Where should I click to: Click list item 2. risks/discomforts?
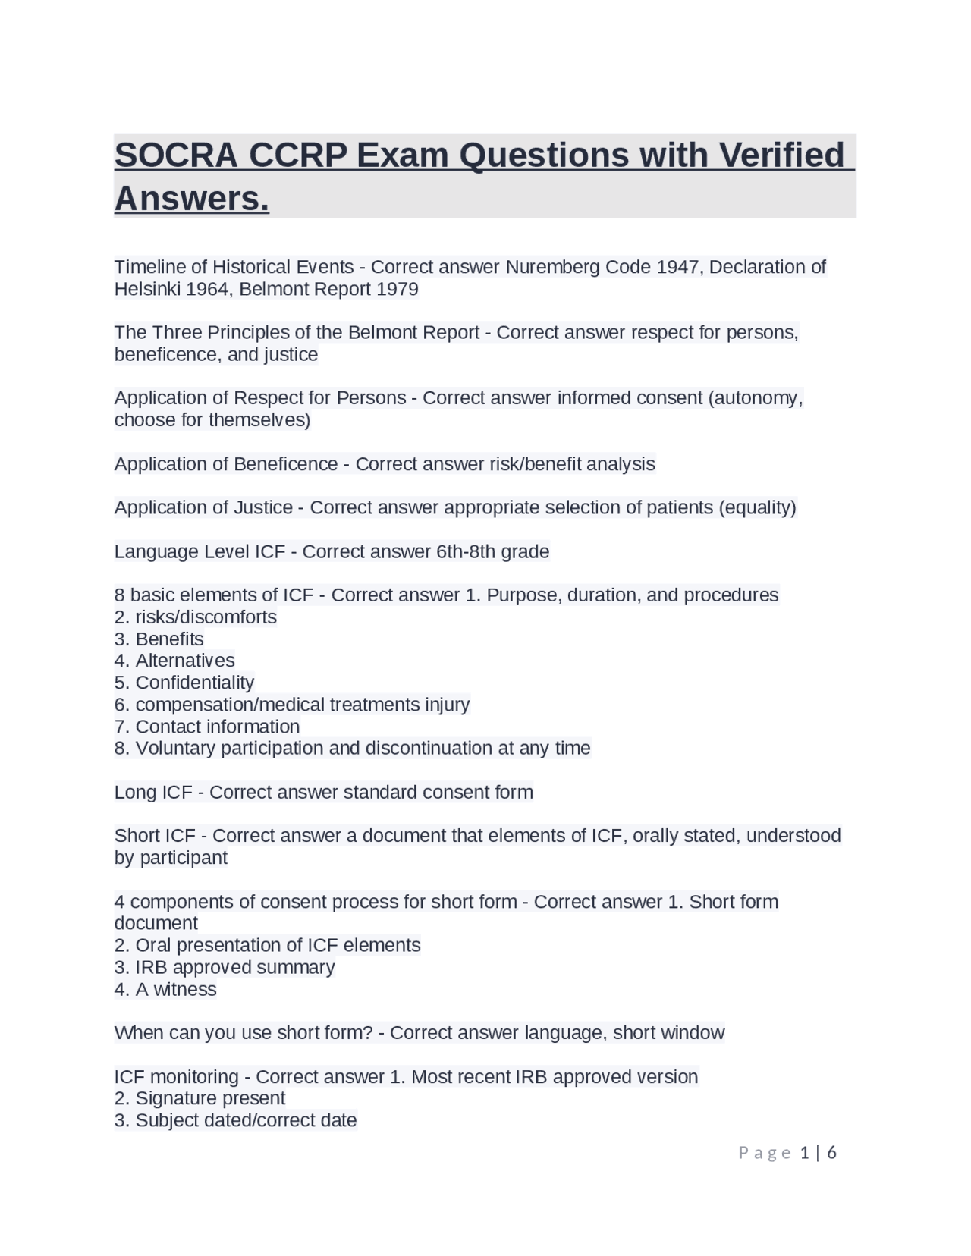click(x=196, y=617)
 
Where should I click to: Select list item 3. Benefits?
click(x=159, y=639)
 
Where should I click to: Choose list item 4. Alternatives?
click(x=174, y=661)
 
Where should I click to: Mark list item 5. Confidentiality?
click(x=184, y=683)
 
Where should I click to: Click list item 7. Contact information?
click(x=207, y=727)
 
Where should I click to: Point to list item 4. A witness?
click(x=165, y=990)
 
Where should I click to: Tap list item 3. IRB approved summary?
click(x=225, y=968)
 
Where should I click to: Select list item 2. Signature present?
click(x=200, y=1099)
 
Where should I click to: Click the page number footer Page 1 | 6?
click(x=787, y=1154)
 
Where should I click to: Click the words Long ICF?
click(x=153, y=793)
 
